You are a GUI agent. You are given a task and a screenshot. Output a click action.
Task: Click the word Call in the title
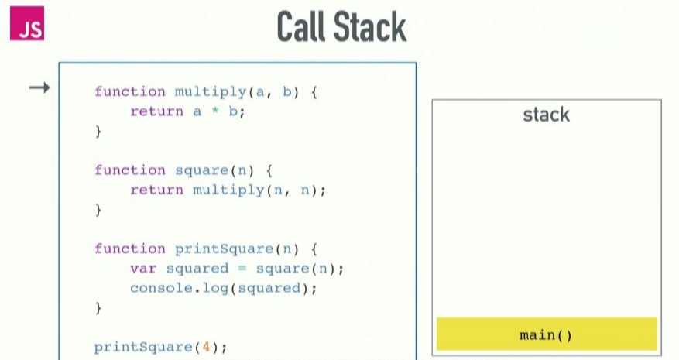[x=303, y=28]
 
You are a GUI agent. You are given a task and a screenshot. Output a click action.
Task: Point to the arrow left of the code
[x=39, y=88]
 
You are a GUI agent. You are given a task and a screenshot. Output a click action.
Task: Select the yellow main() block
[x=546, y=334]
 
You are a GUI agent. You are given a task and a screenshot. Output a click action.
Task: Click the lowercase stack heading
[x=546, y=115]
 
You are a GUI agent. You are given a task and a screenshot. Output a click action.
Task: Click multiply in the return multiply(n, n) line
[x=228, y=190]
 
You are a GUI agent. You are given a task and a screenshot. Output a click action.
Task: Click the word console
[x=153, y=288]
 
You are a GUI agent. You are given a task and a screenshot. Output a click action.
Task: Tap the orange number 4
[x=206, y=347]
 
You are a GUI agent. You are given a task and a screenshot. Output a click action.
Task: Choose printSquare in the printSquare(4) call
[x=144, y=347]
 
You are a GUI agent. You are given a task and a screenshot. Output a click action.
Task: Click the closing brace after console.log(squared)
[x=98, y=308]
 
